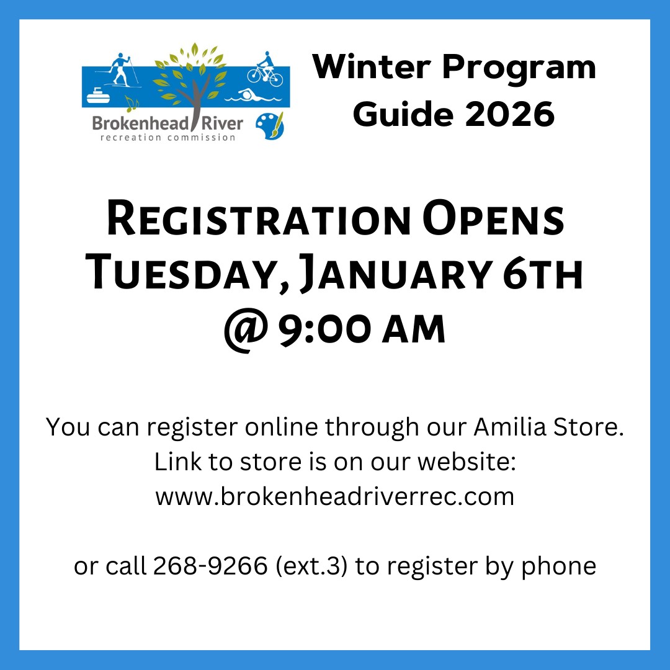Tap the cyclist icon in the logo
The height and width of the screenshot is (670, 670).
point(266,69)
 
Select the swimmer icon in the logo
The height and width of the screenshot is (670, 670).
point(253,96)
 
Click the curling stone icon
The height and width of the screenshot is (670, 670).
point(98,96)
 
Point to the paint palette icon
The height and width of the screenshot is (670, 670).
point(270,125)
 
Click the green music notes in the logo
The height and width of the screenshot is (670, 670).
point(132,104)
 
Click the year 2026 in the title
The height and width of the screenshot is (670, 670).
point(510,114)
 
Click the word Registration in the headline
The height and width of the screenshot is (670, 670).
point(259,220)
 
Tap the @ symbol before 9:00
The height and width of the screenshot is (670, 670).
point(246,329)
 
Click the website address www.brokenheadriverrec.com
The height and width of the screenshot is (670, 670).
point(335,496)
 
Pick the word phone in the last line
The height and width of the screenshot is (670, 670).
point(558,566)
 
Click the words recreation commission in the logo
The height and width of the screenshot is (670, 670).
point(168,138)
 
